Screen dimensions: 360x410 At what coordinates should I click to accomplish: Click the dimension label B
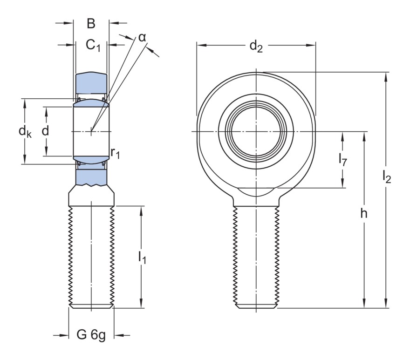coord(91,24)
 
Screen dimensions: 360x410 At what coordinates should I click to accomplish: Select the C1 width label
coord(93,45)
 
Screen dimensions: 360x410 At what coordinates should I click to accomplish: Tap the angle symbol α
coord(142,37)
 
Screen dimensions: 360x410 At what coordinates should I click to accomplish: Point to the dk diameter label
coord(25,132)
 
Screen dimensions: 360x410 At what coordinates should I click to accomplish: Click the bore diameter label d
coord(45,131)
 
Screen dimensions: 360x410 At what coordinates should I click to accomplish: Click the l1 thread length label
coord(142,257)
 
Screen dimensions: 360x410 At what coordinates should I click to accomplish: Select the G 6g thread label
coord(91,335)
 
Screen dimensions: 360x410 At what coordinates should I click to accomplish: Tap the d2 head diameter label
coord(256,46)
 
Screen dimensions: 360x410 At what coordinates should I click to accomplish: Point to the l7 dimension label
coord(342,159)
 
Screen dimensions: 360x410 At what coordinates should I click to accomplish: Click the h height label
coord(364,214)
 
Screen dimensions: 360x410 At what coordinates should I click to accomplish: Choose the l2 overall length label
coord(386,177)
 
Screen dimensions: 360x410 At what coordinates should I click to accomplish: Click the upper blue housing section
coord(91,84)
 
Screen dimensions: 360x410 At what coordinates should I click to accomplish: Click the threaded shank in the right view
coord(256,256)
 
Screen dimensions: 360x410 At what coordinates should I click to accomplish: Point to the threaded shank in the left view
coord(91,256)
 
